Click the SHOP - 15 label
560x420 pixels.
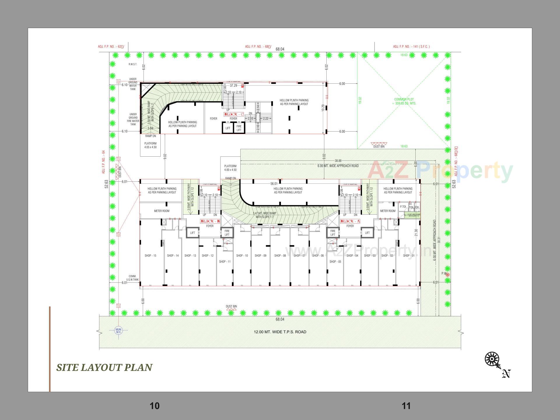(150, 256)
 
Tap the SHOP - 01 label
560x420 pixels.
(409, 256)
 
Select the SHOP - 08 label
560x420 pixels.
(280, 256)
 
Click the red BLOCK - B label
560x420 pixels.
(210, 221)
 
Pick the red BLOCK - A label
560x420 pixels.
(350, 221)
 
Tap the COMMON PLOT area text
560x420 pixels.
(404, 101)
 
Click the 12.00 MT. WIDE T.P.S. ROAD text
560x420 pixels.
(280, 332)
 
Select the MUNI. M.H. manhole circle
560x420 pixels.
(118, 330)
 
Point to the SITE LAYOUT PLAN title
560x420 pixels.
(104, 367)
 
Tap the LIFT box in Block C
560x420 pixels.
(228, 128)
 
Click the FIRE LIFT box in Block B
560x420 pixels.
(227, 233)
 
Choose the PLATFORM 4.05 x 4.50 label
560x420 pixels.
(150, 145)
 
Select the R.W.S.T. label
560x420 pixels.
(133, 64)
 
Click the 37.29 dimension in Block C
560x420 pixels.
(233, 85)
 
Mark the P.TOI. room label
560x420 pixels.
(403, 207)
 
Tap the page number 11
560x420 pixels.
(406, 406)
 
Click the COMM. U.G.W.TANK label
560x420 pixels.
(132, 278)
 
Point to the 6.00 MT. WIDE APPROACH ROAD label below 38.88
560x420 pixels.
(338, 166)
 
